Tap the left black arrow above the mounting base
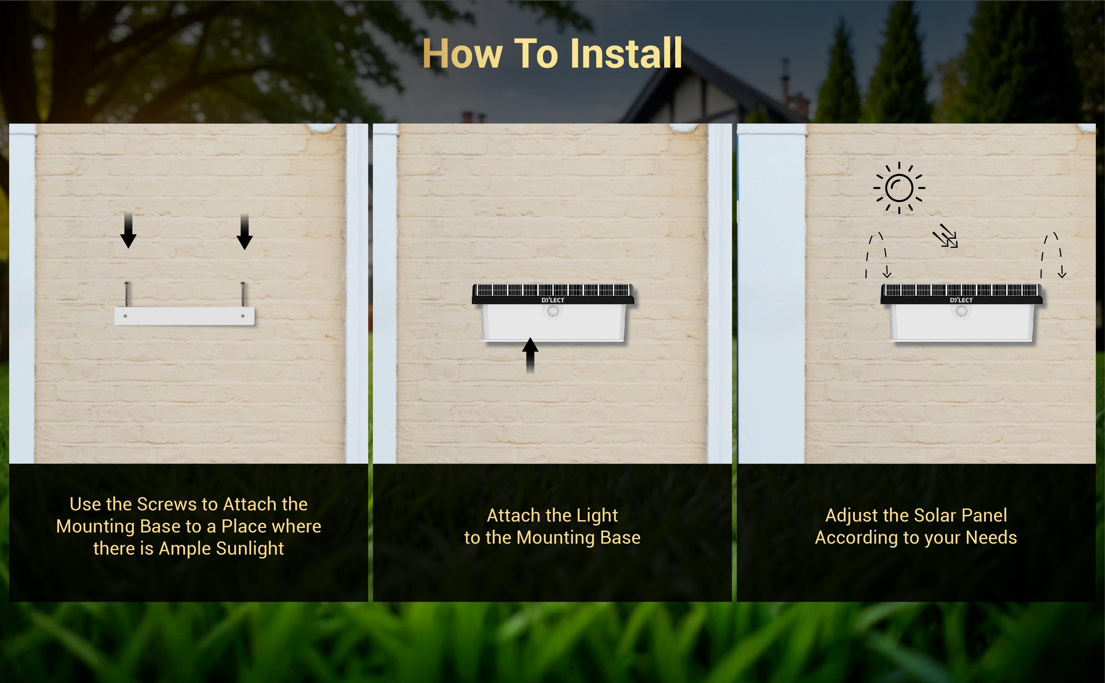click(128, 230)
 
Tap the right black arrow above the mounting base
click(244, 232)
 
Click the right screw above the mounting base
click(243, 294)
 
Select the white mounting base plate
click(184, 316)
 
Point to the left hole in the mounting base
click(125, 316)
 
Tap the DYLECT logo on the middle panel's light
click(553, 300)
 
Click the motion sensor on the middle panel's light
click(553, 311)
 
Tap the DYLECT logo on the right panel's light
click(961, 300)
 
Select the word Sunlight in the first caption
click(250, 548)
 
